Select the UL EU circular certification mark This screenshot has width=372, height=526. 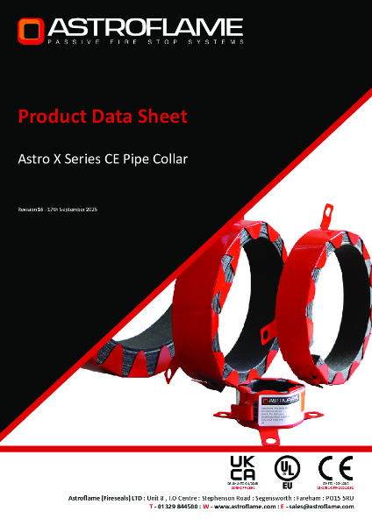[x=286, y=467]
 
